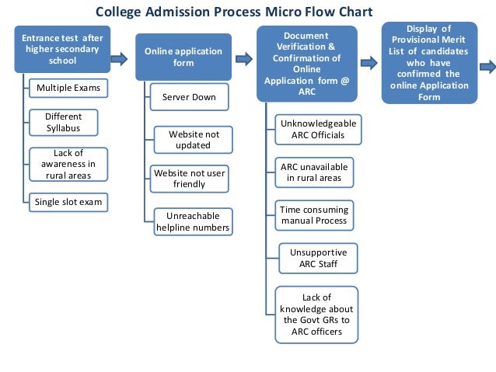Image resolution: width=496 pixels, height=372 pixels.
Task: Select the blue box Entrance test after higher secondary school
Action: point(62,50)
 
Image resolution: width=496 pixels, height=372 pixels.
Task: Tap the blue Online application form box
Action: point(183,57)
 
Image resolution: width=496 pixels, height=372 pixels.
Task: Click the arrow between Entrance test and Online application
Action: point(121,57)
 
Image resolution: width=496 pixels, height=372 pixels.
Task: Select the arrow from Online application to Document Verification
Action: point(243,57)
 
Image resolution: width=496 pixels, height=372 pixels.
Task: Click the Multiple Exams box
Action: point(68,89)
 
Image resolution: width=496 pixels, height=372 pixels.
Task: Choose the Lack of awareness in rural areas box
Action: point(68,164)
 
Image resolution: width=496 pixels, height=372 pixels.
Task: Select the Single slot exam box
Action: point(68,202)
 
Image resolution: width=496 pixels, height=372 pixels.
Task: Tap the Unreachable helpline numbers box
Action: point(193,221)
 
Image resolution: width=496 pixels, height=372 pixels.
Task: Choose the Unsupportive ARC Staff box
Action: point(318,258)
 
